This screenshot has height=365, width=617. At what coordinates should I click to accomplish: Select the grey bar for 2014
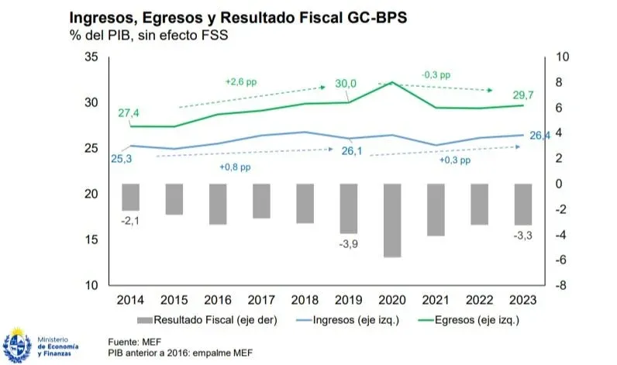130,197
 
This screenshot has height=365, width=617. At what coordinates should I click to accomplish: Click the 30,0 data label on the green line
346,84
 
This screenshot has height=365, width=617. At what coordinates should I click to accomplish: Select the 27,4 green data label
129,113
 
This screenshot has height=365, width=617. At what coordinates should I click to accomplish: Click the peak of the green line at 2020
392,82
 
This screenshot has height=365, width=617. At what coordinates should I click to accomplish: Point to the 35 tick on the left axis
91,57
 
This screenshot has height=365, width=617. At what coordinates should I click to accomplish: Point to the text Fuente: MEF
133,340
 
